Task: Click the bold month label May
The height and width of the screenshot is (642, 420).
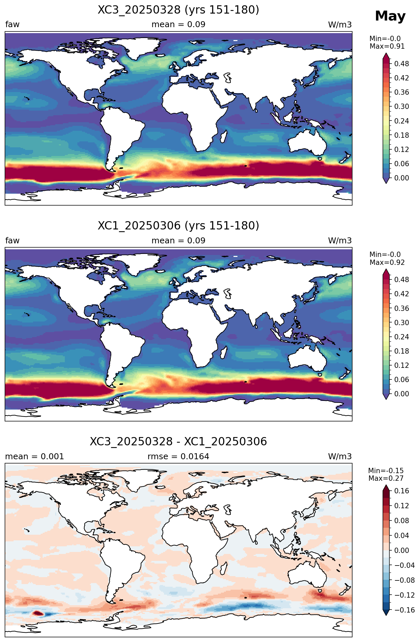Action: pyautogui.click(x=390, y=16)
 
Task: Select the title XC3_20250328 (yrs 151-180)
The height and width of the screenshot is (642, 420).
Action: pyautogui.click(x=178, y=10)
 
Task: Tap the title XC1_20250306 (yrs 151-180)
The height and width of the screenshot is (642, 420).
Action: pyautogui.click(x=178, y=226)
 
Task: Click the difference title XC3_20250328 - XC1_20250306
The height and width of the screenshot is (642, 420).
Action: pyautogui.click(x=178, y=442)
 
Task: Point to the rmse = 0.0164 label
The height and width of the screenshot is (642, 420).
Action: pyautogui.click(x=178, y=457)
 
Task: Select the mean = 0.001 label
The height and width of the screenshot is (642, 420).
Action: pyautogui.click(x=34, y=457)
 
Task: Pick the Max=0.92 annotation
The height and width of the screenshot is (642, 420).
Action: pyautogui.click(x=387, y=263)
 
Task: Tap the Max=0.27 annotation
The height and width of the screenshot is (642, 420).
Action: pyautogui.click(x=386, y=478)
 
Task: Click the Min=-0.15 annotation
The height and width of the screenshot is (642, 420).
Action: pyautogui.click(x=386, y=471)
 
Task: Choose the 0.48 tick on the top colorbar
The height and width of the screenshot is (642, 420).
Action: pyautogui.click(x=401, y=64)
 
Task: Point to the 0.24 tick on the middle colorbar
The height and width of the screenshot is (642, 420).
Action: pyautogui.click(x=401, y=337)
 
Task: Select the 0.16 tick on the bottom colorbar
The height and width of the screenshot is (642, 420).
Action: pyautogui.click(x=401, y=491)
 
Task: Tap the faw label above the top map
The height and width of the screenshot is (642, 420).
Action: pyautogui.click(x=12, y=25)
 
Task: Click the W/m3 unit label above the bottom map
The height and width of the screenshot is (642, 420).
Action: pyautogui.click(x=340, y=457)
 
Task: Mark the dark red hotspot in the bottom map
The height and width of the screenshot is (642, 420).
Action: pyautogui.click(x=38, y=613)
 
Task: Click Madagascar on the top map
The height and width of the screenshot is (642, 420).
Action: pyautogui.click(x=224, y=136)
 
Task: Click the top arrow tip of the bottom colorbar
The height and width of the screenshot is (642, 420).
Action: pyautogui.click(x=386, y=485)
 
